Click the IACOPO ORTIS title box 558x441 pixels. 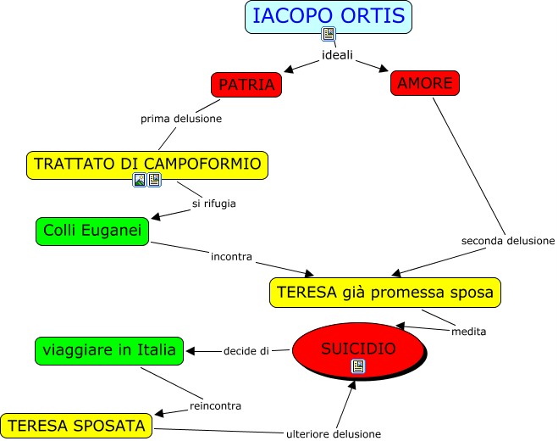point(329,14)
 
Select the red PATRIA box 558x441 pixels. point(246,85)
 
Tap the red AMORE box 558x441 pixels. point(425,82)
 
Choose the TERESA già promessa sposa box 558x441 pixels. point(385,293)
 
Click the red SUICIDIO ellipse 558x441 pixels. point(358,349)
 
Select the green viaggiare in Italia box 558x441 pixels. point(109,349)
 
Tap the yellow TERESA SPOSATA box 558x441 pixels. point(77,425)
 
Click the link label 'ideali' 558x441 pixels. point(337,56)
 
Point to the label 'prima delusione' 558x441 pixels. point(181,119)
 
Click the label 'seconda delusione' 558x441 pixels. point(507,241)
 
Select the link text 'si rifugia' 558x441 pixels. point(213,203)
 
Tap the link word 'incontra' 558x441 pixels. point(232,255)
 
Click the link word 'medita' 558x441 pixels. point(469,331)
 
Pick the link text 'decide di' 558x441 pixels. point(246,350)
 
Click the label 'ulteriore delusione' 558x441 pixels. point(333,433)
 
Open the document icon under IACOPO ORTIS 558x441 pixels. point(329,34)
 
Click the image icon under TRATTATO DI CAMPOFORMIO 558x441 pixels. point(140,180)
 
